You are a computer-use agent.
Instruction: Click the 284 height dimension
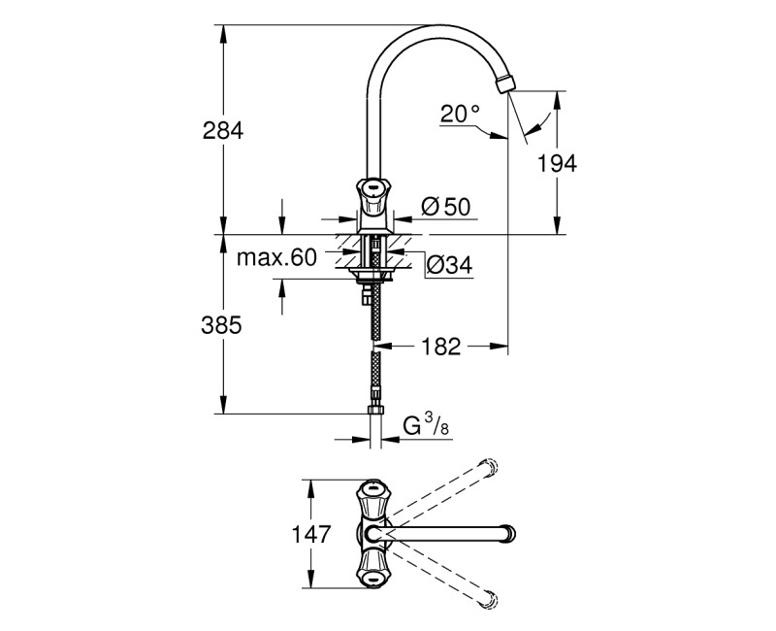tap(222, 129)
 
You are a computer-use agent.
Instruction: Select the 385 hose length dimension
tap(222, 326)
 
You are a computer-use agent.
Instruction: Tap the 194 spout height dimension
tap(557, 163)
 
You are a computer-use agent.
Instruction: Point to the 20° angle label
tap(460, 114)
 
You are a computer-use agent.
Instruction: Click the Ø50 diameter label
tap(446, 206)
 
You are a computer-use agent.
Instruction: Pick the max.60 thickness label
tap(277, 257)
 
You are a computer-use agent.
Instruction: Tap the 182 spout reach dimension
tap(441, 346)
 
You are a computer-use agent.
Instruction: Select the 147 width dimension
tap(310, 534)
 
